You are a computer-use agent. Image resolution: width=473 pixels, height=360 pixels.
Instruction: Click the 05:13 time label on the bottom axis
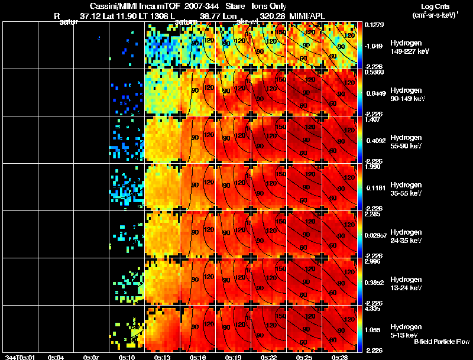(162, 357)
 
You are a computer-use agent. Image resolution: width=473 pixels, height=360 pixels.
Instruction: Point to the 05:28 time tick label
(339, 357)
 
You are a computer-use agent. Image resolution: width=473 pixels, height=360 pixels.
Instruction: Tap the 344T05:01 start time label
(20, 357)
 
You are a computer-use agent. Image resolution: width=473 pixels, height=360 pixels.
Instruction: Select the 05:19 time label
(233, 357)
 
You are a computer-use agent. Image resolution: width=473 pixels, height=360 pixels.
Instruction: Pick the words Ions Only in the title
(268, 6)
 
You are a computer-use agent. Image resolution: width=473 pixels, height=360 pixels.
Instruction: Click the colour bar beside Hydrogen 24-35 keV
(359, 234)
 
